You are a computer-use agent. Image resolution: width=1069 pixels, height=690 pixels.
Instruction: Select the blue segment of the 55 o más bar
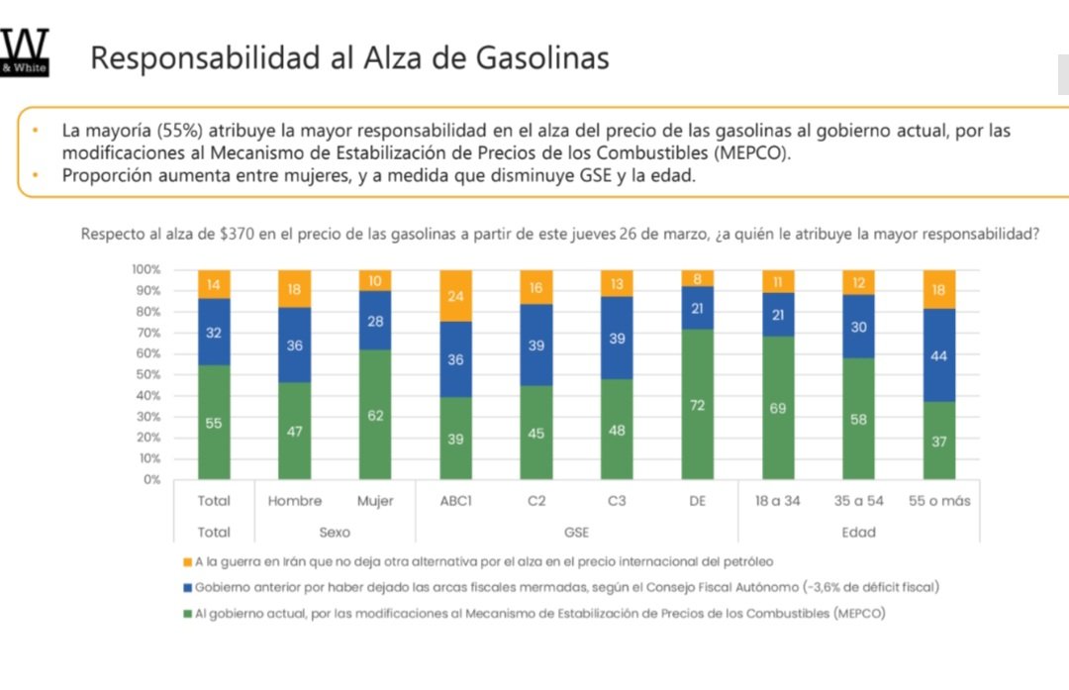pyautogui.click(x=938, y=355)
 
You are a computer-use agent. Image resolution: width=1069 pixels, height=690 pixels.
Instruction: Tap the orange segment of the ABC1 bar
pyautogui.click(x=455, y=295)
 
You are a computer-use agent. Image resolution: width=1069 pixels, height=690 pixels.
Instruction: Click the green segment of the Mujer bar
pyautogui.click(x=374, y=415)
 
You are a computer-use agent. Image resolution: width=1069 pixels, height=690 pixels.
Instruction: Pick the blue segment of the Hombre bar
pyautogui.click(x=294, y=345)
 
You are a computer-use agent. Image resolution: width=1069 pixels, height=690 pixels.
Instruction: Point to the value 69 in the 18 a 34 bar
pyautogui.click(x=777, y=408)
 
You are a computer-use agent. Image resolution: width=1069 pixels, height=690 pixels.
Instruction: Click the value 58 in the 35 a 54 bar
pyautogui.click(x=858, y=419)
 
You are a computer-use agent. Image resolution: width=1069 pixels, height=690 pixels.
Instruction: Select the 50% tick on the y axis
pyautogui.click(x=146, y=374)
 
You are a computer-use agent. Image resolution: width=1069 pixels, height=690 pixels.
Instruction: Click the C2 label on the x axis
pyautogui.click(x=535, y=501)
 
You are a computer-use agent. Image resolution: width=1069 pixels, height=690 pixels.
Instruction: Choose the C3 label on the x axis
pyautogui.click(x=616, y=501)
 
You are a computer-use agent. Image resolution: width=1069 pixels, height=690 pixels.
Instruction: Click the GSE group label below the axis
pyautogui.click(x=575, y=533)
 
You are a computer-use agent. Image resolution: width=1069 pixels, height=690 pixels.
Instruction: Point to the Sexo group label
pyautogui.click(x=334, y=533)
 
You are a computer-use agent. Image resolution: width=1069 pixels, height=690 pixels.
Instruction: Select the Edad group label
pyautogui.click(x=857, y=533)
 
